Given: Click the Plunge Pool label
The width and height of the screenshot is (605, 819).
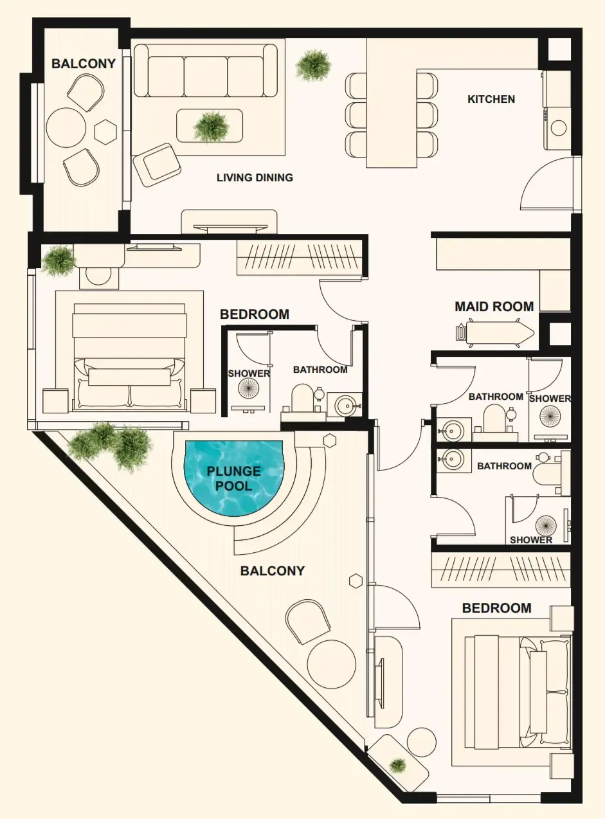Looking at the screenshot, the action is [233, 478].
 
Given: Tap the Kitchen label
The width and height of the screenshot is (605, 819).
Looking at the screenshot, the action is [491, 99].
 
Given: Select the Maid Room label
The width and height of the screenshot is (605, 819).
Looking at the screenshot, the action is [494, 307].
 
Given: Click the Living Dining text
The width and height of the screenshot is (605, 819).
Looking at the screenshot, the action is [255, 177].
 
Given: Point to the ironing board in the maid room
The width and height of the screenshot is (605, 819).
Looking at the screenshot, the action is [495, 333].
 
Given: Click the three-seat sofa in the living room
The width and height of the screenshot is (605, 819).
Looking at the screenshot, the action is [205, 71].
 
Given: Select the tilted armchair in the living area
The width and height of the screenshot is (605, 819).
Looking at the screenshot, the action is [157, 165].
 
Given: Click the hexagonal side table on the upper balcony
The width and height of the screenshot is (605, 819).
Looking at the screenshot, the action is [105, 131].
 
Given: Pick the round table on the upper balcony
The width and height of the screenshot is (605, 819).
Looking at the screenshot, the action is [66, 128].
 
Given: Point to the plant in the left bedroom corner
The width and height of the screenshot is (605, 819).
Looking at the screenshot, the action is [59, 261].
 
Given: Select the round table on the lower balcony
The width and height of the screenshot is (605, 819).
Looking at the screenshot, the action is [331, 664].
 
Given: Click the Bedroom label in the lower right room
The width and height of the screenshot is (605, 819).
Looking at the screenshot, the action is [497, 608].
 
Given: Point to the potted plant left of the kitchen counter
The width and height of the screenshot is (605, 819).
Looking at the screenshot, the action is [313, 66].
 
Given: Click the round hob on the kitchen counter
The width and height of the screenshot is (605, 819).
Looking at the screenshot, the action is [558, 128].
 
